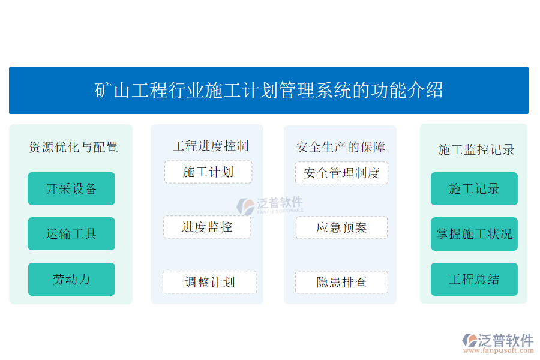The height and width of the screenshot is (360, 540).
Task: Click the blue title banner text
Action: (x=269, y=90)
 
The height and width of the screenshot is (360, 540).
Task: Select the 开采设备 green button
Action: (x=71, y=188)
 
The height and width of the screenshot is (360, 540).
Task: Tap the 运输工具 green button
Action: (x=71, y=233)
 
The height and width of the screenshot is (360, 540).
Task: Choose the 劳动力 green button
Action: (x=71, y=279)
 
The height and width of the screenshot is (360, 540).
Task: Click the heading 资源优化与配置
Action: (x=73, y=147)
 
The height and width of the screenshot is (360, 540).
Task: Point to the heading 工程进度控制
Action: (x=211, y=146)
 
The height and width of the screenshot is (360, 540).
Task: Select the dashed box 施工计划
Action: (x=208, y=172)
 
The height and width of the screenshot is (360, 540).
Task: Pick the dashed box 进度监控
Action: (x=207, y=227)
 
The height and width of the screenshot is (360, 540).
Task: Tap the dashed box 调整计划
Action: (x=210, y=282)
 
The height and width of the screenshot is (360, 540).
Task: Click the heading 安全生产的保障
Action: (x=341, y=147)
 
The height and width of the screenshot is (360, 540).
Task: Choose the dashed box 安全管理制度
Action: (x=341, y=173)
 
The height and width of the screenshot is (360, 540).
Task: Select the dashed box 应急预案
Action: (x=341, y=227)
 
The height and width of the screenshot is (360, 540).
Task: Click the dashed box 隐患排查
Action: (x=341, y=282)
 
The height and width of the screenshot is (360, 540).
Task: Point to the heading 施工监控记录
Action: (x=476, y=149)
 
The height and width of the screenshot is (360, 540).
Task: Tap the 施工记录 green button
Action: (x=474, y=188)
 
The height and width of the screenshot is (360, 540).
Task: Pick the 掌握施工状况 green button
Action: (x=474, y=234)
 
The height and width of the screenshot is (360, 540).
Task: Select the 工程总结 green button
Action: (x=474, y=279)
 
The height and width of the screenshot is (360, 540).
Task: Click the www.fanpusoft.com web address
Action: (x=499, y=350)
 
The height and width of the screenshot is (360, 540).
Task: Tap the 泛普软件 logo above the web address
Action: (x=498, y=340)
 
